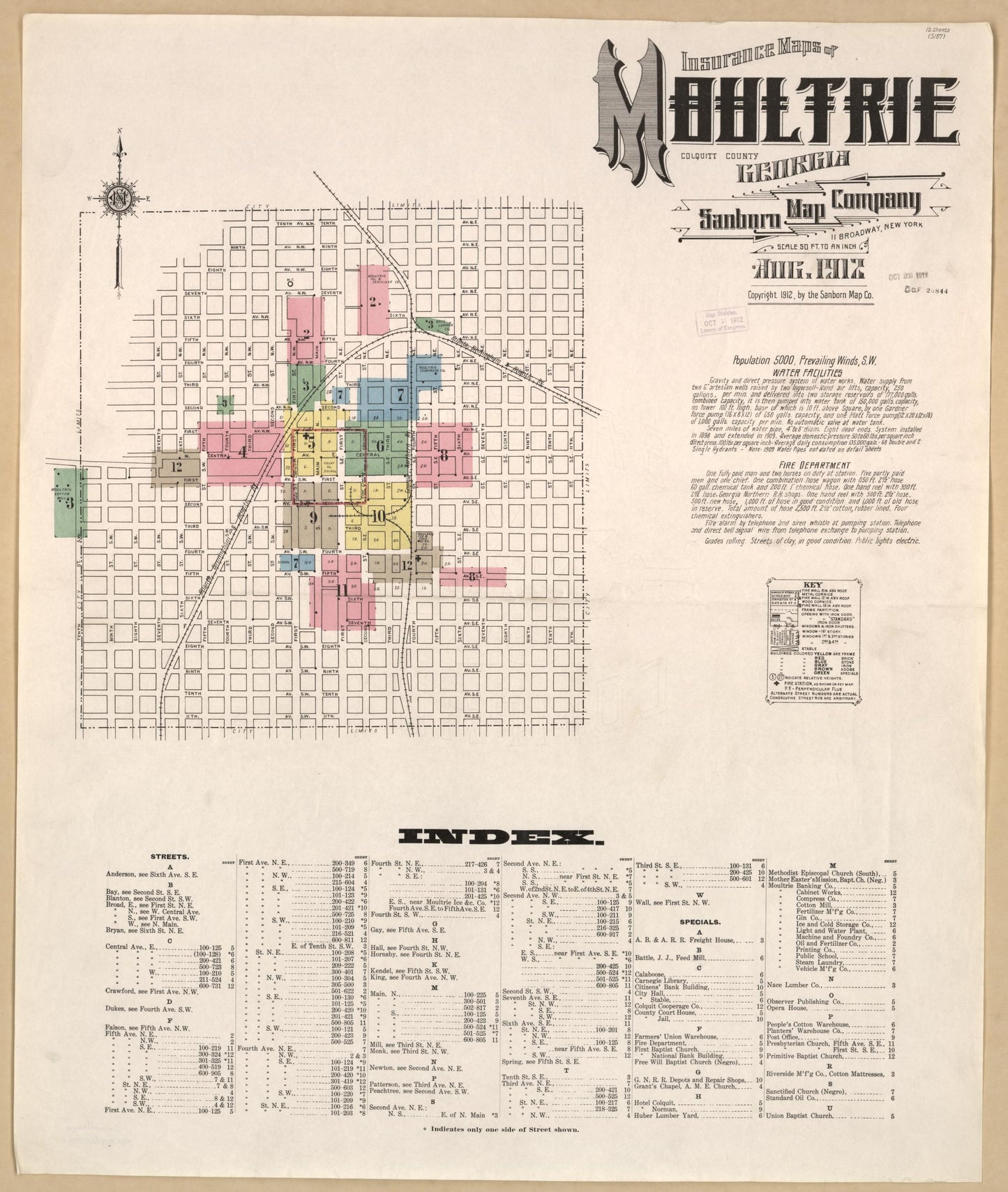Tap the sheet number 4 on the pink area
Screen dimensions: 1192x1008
(241, 451)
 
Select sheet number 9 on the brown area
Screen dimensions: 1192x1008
(313, 517)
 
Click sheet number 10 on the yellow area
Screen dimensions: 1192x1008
(378, 516)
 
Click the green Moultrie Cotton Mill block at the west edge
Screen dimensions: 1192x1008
(69, 502)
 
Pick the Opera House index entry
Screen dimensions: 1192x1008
(786, 1008)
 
